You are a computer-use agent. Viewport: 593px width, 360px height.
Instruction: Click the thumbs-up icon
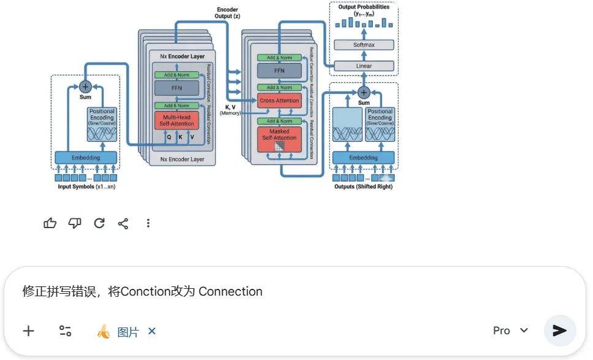[x=50, y=223]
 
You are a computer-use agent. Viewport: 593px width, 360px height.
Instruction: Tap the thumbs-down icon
[x=75, y=223]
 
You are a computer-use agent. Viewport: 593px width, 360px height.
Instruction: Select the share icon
[x=123, y=223]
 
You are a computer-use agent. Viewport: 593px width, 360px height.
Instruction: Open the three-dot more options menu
[x=148, y=223]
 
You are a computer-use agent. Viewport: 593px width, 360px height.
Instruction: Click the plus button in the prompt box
[x=28, y=331]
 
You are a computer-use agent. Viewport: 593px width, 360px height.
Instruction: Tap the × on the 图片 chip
[x=152, y=331]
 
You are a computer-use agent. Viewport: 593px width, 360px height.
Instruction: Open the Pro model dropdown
[x=510, y=331]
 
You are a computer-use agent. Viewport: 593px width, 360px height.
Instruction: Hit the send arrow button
[x=559, y=331]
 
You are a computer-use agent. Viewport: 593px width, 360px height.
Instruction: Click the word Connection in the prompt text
[x=230, y=291]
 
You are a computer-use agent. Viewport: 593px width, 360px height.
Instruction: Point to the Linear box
[x=364, y=66]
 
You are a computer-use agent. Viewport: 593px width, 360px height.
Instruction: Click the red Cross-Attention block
[x=279, y=101]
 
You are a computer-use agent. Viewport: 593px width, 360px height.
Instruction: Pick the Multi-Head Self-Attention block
[x=177, y=120]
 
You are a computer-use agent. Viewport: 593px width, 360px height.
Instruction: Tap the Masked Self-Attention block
[x=279, y=135]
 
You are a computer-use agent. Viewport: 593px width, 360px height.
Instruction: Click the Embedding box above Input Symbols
[x=85, y=158]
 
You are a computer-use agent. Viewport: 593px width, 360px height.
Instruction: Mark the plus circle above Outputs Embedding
[x=364, y=92]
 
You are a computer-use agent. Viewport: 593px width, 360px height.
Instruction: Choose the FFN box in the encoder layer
[x=177, y=88]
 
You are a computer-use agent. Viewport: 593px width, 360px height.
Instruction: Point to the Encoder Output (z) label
[x=228, y=12]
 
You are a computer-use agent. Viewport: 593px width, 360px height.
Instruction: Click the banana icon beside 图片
[x=104, y=332]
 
